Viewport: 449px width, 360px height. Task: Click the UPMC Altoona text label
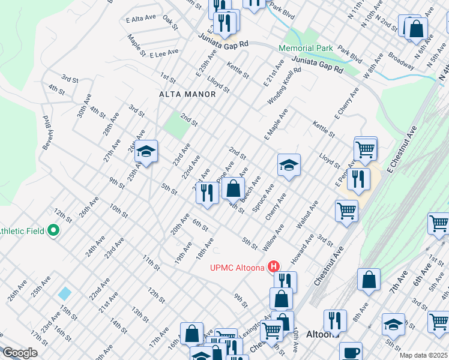click(x=237, y=267)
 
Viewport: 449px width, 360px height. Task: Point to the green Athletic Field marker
click(x=53, y=230)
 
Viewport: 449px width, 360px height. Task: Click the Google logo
click(x=19, y=353)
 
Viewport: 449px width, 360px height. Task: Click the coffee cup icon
click(x=351, y=352)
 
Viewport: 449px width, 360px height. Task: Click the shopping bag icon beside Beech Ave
click(x=232, y=188)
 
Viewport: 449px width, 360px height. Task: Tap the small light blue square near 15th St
click(x=64, y=293)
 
